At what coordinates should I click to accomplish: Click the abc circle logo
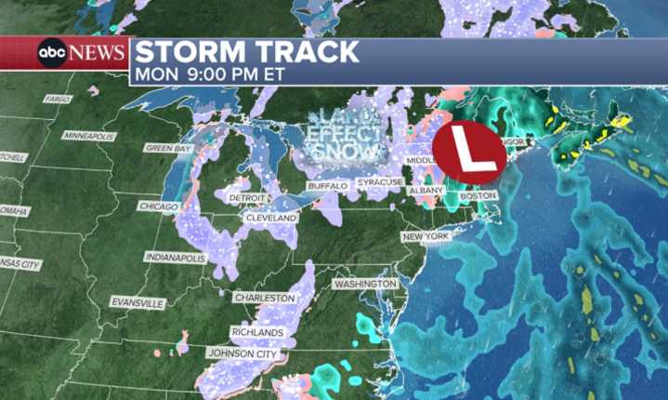(x=51, y=53)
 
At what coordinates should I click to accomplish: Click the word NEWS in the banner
(x=97, y=53)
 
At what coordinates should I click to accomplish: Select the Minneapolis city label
(x=91, y=136)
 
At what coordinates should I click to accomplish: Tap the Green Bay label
(x=168, y=148)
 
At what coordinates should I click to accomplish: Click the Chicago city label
(x=157, y=206)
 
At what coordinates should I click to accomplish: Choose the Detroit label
(x=247, y=198)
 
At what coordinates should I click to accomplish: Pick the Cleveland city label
(x=270, y=218)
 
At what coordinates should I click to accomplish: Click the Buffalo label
(x=327, y=187)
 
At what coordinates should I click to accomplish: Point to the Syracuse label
(x=379, y=181)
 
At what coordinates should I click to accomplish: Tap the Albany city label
(x=426, y=191)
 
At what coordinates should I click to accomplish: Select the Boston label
(x=478, y=196)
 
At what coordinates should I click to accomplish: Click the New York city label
(x=426, y=238)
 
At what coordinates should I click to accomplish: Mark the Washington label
(x=365, y=283)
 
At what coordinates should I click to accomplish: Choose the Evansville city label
(x=137, y=303)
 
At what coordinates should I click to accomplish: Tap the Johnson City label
(x=241, y=353)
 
